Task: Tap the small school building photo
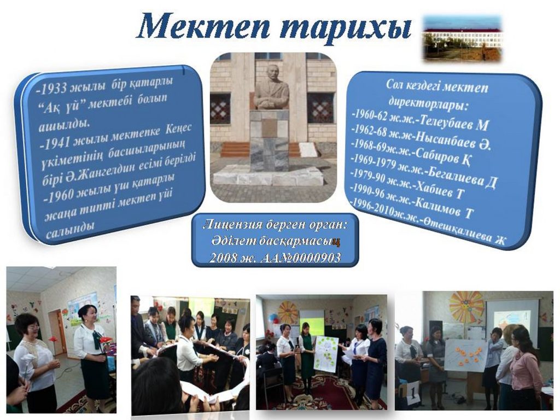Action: coord(463,39)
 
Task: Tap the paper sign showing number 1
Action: coord(412,393)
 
